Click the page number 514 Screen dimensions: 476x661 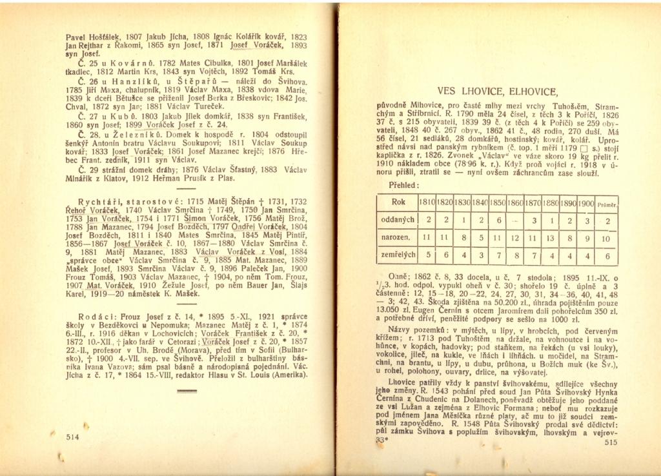(x=72, y=437)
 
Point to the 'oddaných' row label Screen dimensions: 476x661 (x=398, y=220)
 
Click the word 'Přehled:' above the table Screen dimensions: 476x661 (x=405, y=184)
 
